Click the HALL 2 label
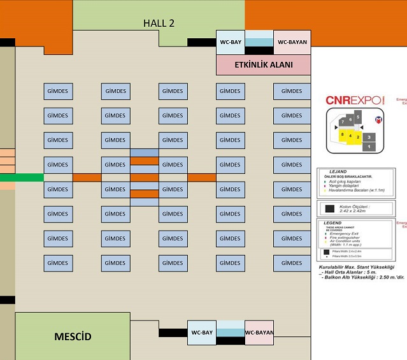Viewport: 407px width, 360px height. pos(159,23)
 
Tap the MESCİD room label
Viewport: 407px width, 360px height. pos(73,336)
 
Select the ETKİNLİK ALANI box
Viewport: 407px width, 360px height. pos(264,64)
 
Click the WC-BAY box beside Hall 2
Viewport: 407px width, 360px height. pos(231,42)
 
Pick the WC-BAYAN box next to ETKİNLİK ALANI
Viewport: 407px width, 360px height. pos(292,42)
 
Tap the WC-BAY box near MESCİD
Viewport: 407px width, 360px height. pos(202,332)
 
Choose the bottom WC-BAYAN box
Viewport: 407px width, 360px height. pos(259,332)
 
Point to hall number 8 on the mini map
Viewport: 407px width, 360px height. pos(343,135)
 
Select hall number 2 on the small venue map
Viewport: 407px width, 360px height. pos(358,137)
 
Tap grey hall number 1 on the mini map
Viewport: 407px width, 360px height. pos(369,147)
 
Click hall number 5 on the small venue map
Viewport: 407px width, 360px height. pos(358,117)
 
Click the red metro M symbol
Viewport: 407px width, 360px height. pos(377,119)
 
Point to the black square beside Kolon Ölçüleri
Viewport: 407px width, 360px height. pos(330,208)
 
